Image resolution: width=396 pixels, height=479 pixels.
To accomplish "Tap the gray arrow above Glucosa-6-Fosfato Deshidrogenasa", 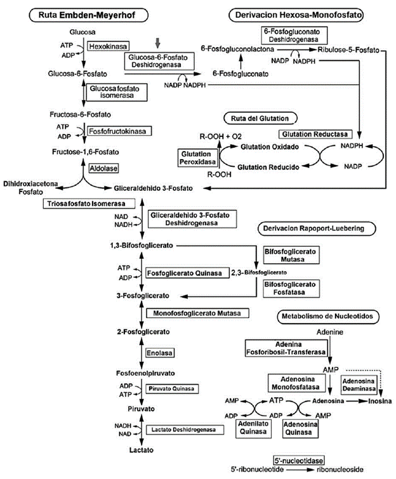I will coord(159,42).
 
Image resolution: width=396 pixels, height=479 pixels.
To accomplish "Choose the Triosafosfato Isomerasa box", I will coord(91,204).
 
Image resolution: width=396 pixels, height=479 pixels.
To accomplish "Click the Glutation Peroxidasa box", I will coord(195,158).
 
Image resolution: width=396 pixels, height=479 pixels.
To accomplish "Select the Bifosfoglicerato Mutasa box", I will coord(290,256).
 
